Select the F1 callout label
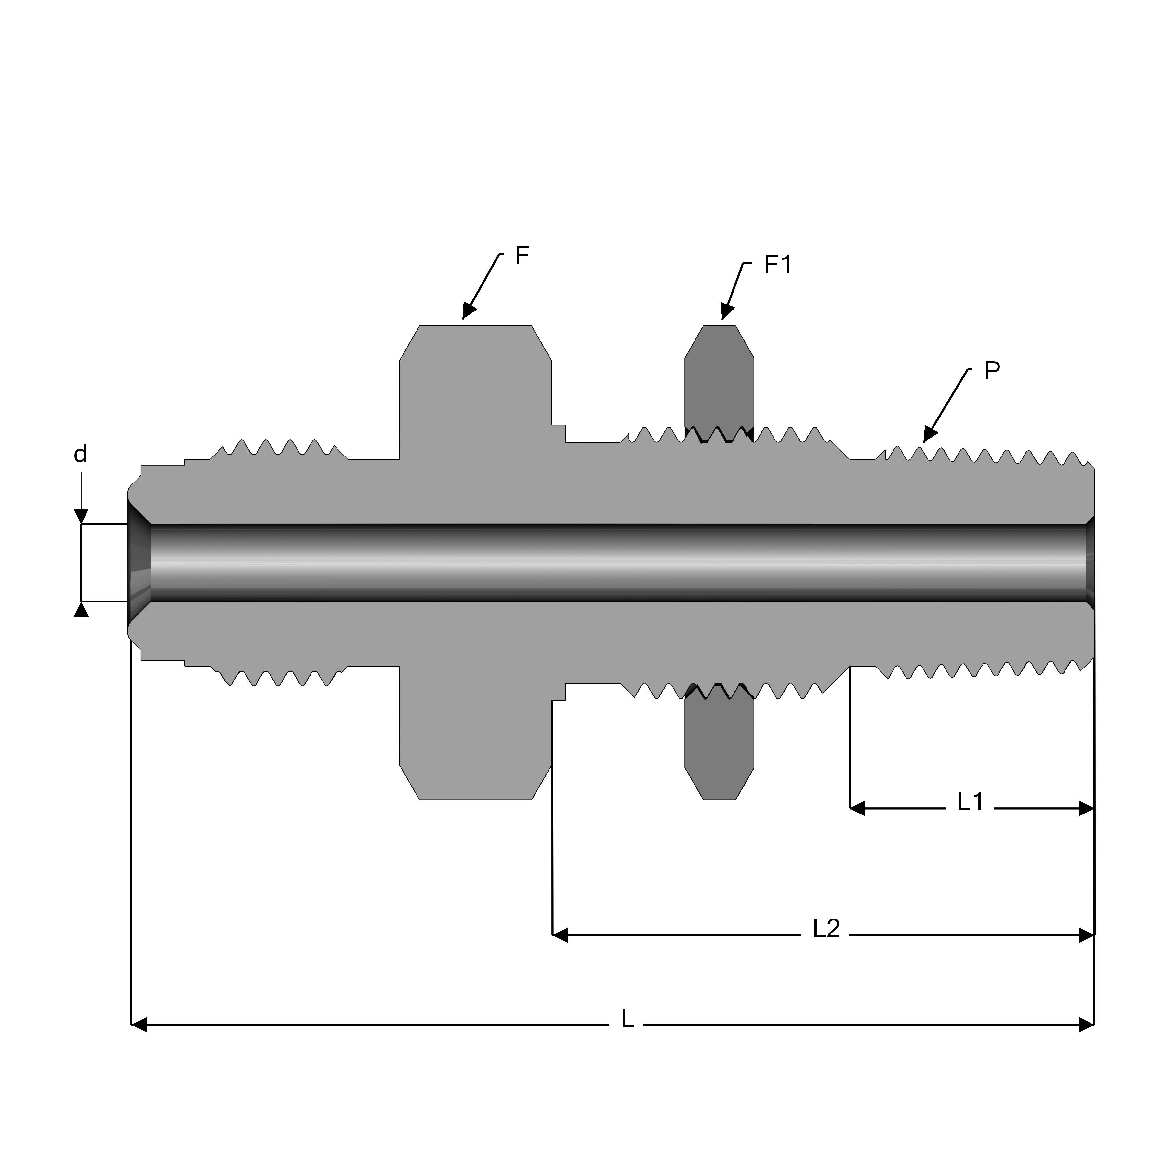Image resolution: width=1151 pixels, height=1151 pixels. [x=777, y=265]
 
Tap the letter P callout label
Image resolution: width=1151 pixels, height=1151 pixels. [x=992, y=371]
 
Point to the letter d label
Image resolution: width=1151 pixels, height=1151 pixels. [x=80, y=455]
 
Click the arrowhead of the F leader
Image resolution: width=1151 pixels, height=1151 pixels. [x=469, y=311]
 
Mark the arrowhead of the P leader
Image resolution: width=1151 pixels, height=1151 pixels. [x=929, y=435]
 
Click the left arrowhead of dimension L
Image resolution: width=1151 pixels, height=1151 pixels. [x=138, y=1025]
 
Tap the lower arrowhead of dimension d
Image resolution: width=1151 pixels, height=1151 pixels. [x=81, y=609]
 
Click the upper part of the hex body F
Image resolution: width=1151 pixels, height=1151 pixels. [x=475, y=381]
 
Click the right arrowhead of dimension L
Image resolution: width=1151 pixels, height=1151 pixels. [x=1087, y=1025]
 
